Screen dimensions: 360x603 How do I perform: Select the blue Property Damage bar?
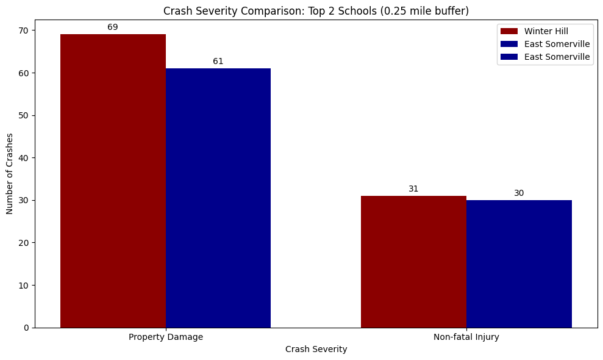tap(218, 198)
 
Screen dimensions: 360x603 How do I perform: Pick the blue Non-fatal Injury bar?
tap(519, 264)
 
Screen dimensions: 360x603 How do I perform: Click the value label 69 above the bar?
tap(113, 27)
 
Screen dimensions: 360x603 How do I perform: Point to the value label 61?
tap(218, 61)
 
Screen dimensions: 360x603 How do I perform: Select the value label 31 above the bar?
tap(413, 189)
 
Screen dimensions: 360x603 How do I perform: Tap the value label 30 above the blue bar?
tap(519, 193)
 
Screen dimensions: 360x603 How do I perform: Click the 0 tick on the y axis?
tap(27, 328)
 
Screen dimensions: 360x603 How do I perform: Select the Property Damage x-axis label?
tap(166, 337)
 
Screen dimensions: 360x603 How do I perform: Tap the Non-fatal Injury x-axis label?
tap(466, 337)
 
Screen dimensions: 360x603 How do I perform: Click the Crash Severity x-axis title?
tap(316, 350)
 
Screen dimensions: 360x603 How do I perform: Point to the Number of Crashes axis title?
tap(10, 173)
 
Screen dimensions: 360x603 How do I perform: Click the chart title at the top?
tap(316, 10)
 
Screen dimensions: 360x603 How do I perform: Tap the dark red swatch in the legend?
tap(509, 31)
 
